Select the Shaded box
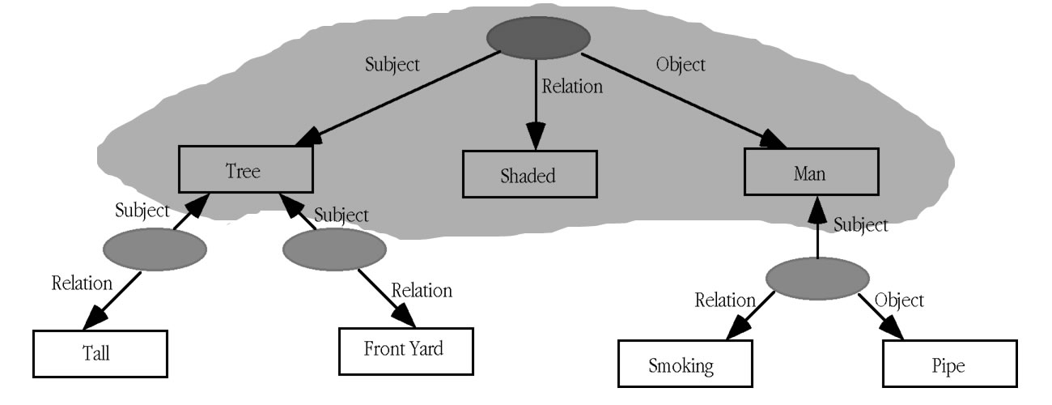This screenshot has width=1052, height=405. click(x=530, y=174)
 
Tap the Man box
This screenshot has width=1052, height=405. click(x=811, y=172)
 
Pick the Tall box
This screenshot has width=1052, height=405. click(x=100, y=354)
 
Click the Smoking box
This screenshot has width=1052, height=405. click(x=681, y=364)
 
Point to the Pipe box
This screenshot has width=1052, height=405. click(x=949, y=364)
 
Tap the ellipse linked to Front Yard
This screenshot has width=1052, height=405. click(x=333, y=250)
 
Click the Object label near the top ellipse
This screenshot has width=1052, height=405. click(x=681, y=64)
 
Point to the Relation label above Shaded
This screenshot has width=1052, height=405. click(x=572, y=87)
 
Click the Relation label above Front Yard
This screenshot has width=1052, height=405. click(x=422, y=290)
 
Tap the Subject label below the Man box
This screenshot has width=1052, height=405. click(x=860, y=225)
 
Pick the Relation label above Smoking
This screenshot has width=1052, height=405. click(x=725, y=301)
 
